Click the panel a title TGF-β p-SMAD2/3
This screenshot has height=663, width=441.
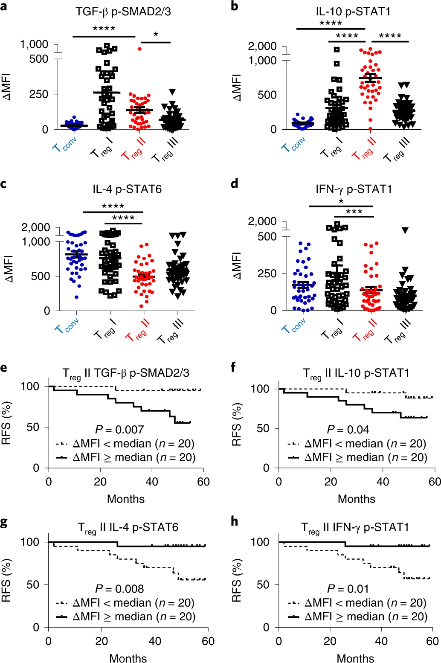coord(123,12)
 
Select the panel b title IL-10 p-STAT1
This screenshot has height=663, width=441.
coord(353,12)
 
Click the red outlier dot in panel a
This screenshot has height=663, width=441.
coord(139,49)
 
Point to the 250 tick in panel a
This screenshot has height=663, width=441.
coord(39,94)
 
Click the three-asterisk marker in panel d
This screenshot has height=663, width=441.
coord(354,212)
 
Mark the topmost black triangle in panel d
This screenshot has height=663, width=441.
coord(405,230)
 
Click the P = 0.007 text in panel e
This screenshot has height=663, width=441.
coord(119,430)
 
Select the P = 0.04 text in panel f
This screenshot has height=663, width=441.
coord(348,430)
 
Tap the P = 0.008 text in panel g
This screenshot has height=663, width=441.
coord(119,589)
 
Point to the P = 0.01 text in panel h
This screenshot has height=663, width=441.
coord(348,589)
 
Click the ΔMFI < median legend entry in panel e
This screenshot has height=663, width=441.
coord(125,444)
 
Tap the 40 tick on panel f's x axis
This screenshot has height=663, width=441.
coord(383,482)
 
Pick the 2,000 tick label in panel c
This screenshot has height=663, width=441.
coord(35,227)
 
